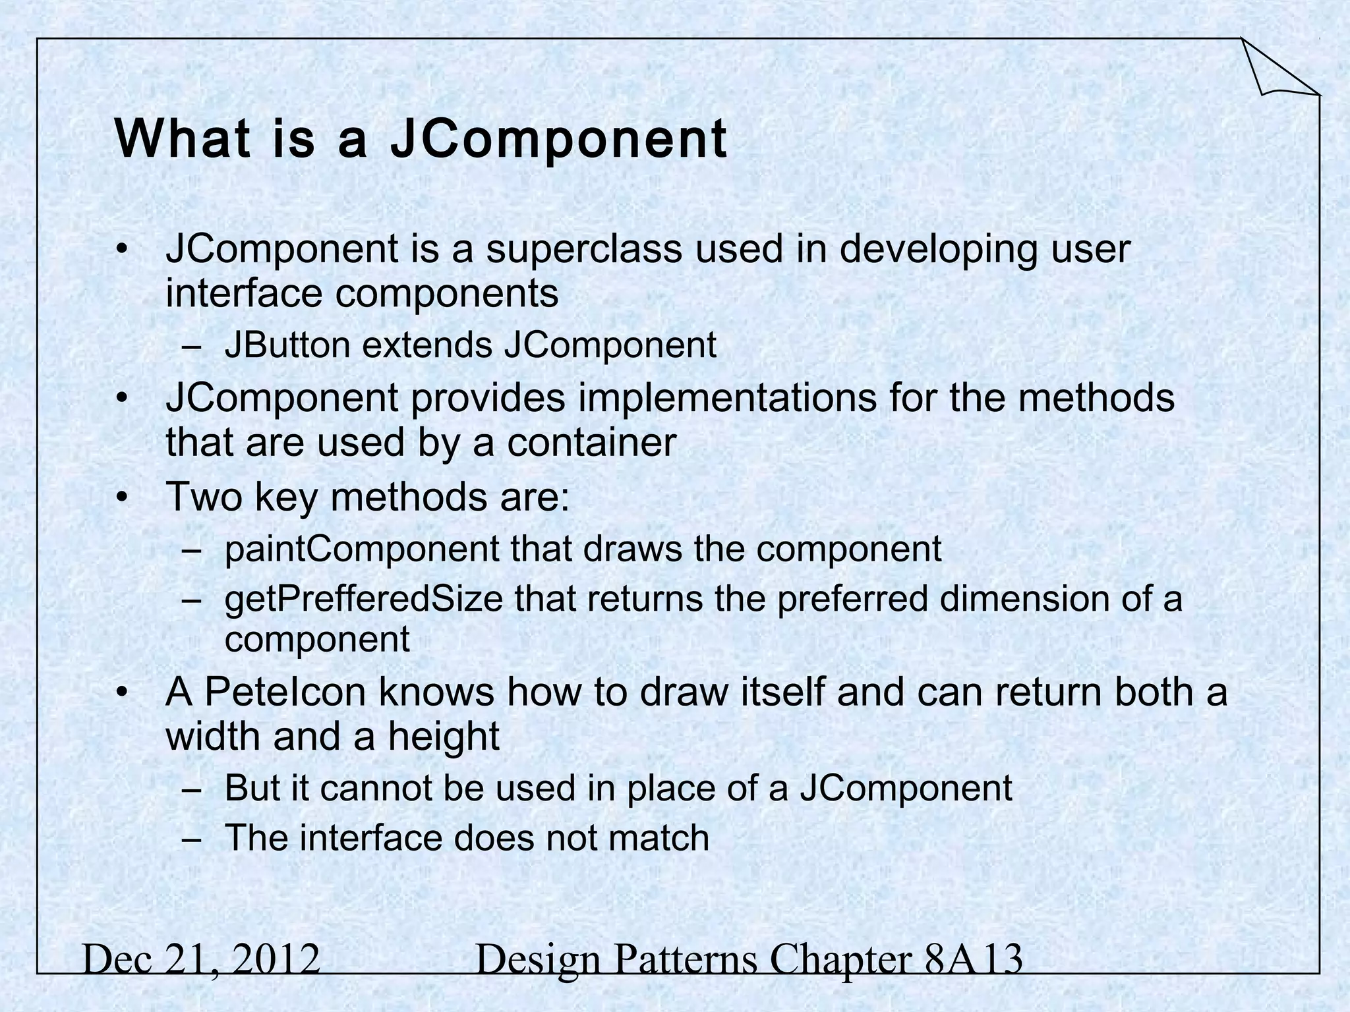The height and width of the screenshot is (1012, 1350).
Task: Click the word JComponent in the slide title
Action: (x=559, y=140)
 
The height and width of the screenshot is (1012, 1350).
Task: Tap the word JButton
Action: (x=287, y=345)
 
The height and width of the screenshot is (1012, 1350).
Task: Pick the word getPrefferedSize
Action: (x=364, y=600)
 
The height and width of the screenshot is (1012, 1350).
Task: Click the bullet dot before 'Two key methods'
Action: (x=121, y=497)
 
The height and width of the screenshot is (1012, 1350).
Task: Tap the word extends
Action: (x=427, y=345)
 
